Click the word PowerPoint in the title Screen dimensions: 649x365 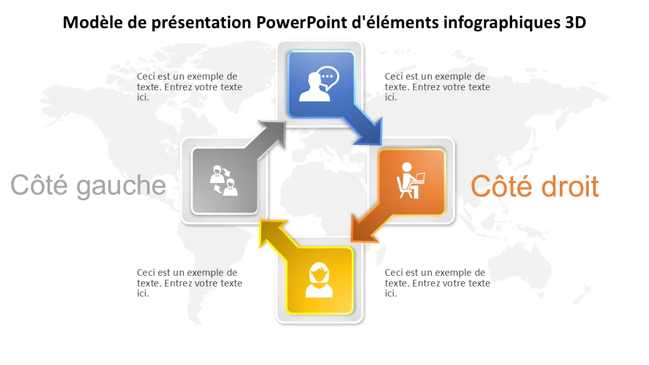(302, 22)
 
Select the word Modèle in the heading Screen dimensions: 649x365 (93, 22)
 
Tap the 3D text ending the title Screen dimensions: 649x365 (575, 22)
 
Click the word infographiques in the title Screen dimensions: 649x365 (501, 23)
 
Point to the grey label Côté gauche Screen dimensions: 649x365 (88, 186)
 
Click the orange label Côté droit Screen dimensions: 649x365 (535, 186)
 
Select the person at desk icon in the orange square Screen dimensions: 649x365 (410, 180)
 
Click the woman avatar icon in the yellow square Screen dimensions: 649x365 (319, 280)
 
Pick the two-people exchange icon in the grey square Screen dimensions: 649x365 (224, 180)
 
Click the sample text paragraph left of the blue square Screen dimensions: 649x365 (190, 87)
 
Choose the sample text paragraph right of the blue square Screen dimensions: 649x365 (438, 87)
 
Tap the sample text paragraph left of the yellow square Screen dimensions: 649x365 (190, 283)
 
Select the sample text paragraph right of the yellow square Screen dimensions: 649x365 (438, 283)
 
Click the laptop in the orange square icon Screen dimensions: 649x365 (418, 177)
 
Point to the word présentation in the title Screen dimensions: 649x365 (201, 23)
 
